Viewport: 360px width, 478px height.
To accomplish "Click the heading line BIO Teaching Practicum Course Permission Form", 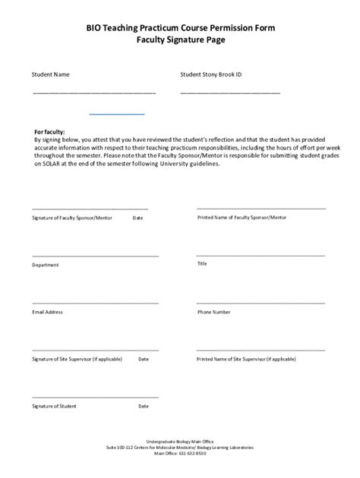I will tap(180, 27).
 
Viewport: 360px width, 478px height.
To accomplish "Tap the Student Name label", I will tap(50, 75).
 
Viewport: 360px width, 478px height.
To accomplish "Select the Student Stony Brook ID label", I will tap(210, 75).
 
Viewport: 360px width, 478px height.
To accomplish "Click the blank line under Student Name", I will tap(93, 93).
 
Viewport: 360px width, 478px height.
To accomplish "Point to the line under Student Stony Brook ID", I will tap(230, 93).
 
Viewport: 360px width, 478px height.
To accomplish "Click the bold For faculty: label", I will tap(50, 131).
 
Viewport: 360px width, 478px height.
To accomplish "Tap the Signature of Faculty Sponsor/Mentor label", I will tap(72, 218).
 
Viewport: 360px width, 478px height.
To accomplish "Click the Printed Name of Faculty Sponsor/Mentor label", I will tap(242, 217).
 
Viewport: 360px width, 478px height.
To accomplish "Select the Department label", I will tap(46, 265).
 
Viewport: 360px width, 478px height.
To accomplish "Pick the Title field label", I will tap(202, 264).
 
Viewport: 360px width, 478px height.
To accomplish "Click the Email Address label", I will tap(47, 312).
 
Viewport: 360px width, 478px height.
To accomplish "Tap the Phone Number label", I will tap(214, 312).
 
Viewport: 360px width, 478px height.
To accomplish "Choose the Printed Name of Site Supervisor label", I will tap(246, 359).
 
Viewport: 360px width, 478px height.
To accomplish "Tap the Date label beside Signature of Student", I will tap(144, 406).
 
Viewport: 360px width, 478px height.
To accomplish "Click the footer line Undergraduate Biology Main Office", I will tap(180, 441).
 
